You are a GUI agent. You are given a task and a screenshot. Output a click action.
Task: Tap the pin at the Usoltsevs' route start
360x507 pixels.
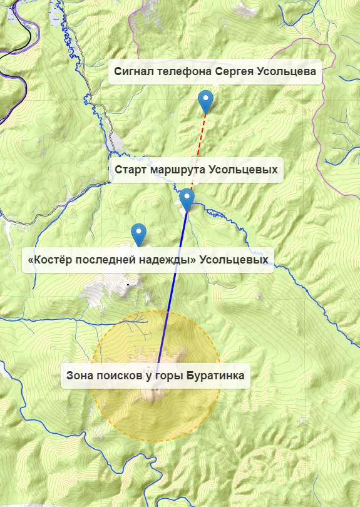click(187, 200)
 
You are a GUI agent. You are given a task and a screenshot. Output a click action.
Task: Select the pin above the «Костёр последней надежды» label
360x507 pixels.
click(139, 234)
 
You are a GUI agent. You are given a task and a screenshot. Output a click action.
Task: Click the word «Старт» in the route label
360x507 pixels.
click(131, 170)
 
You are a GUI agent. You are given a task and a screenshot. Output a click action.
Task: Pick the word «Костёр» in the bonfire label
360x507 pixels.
click(49, 259)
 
